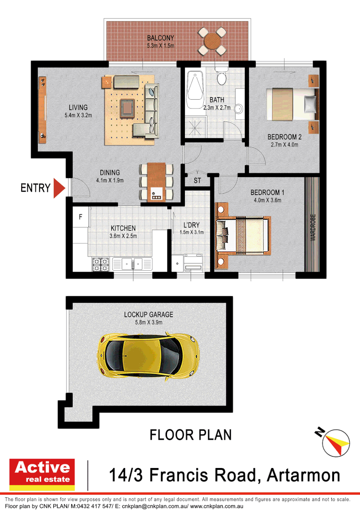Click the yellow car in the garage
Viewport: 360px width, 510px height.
(x=148, y=355)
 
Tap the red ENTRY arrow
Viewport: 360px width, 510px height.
(x=59, y=188)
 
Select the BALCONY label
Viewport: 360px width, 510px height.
(x=160, y=38)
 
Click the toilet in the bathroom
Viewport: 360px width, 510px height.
(x=221, y=76)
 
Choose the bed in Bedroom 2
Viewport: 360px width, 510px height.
(x=291, y=104)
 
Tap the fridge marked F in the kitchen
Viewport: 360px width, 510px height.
(x=81, y=218)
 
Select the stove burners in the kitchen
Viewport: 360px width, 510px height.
(x=100, y=264)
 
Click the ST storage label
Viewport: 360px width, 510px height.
(x=197, y=181)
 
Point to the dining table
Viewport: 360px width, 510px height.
(x=156, y=182)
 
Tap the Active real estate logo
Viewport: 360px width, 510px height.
(x=42, y=473)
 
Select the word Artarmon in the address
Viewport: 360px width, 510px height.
(x=303, y=475)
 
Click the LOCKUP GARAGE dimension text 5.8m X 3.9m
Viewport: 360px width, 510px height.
(x=149, y=323)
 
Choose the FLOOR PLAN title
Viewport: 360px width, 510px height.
(x=191, y=434)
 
